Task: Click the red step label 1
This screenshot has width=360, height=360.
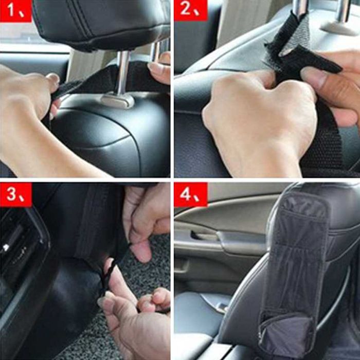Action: point(15,11)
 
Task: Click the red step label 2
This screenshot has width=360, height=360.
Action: point(190,10)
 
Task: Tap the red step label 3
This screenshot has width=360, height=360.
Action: point(15,195)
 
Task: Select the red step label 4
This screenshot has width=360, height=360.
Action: point(190,195)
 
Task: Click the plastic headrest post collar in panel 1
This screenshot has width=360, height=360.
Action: point(118,101)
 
